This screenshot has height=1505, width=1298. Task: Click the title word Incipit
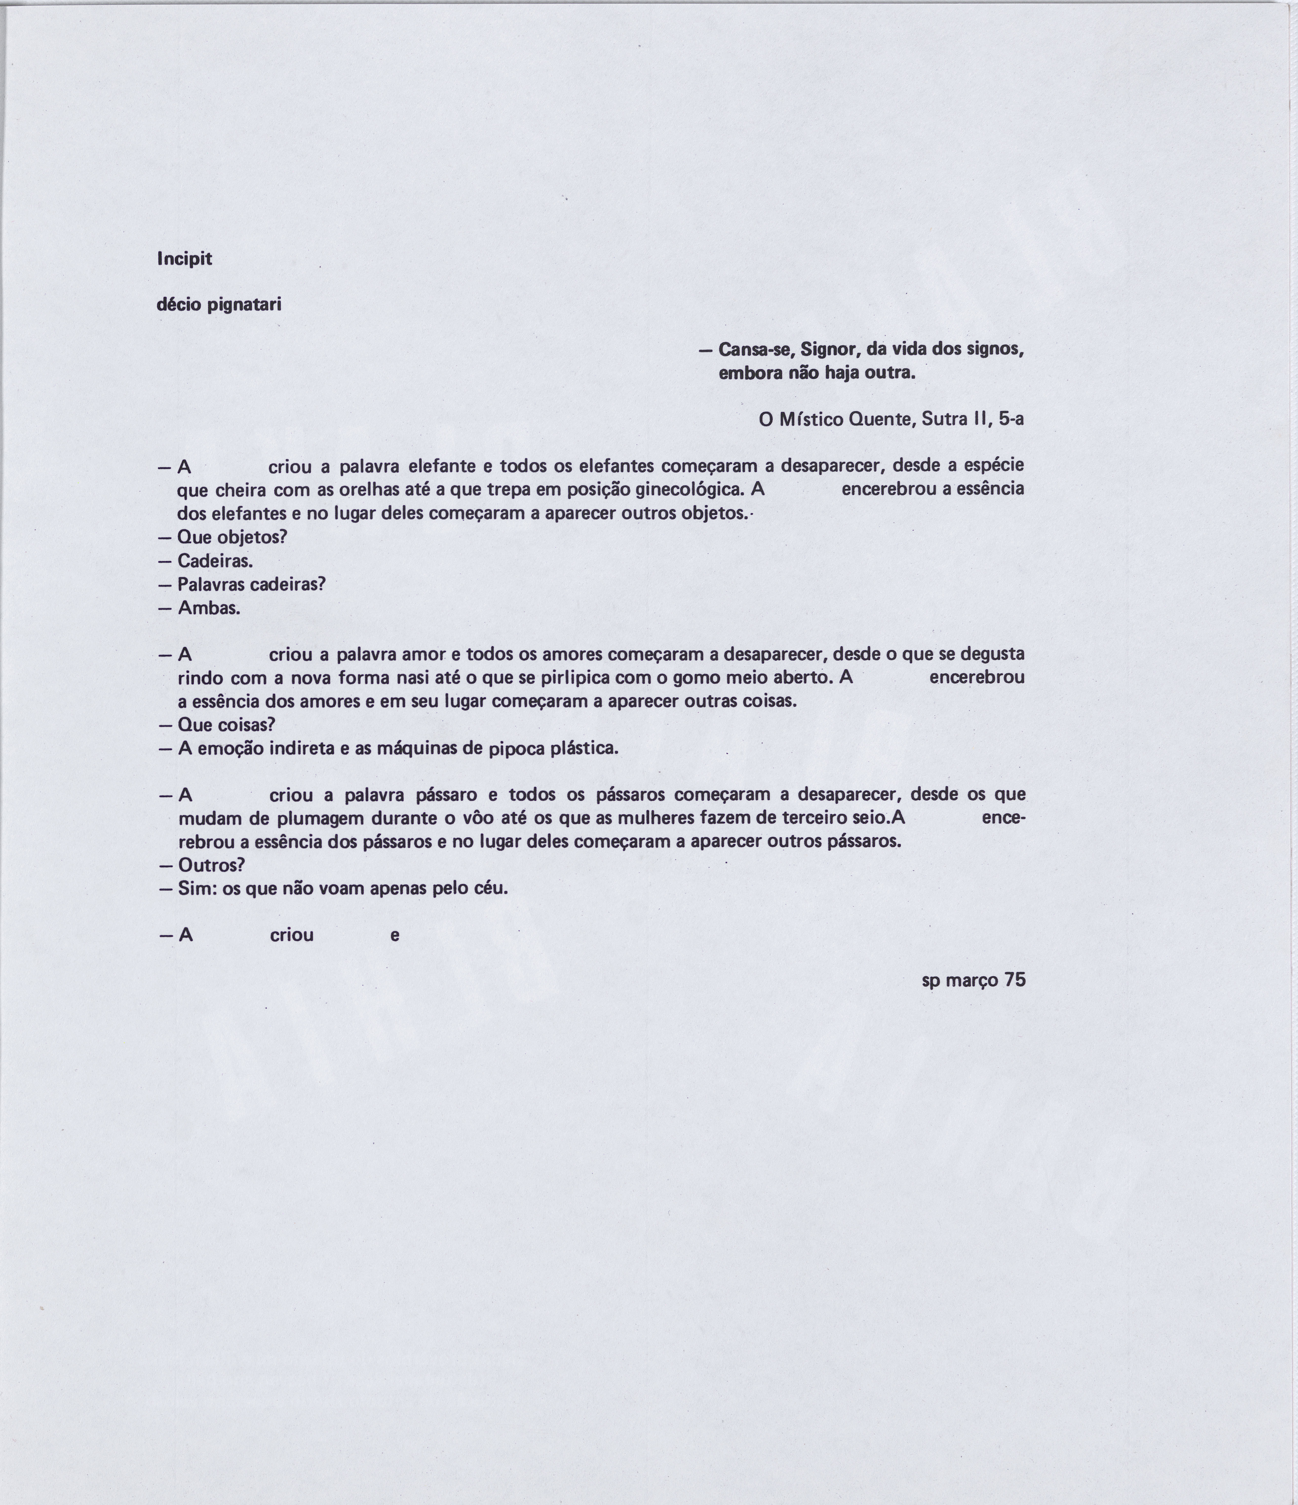(x=184, y=259)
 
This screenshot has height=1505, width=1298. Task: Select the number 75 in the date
(x=1015, y=980)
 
